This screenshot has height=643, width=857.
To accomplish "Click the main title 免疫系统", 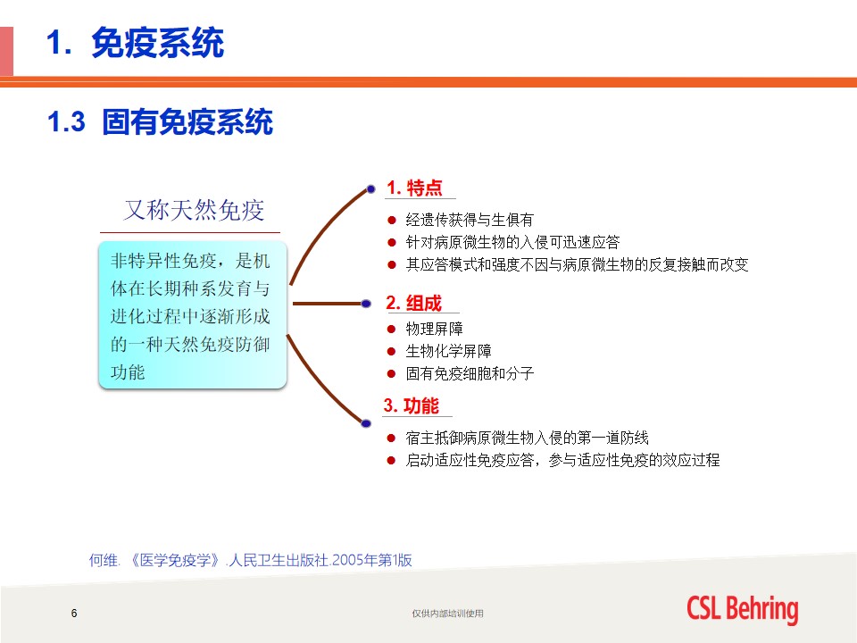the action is pos(157,43).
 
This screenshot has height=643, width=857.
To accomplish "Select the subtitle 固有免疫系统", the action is pos(187,121).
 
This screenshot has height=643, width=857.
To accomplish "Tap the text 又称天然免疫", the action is pos(194,210).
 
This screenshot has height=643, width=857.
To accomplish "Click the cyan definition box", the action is pos(193,315).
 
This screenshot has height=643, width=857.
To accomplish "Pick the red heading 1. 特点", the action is pos(414,188).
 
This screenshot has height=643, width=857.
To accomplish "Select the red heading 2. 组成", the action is pos(413,303).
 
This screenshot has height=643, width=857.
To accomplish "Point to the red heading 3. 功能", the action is pos(411,405).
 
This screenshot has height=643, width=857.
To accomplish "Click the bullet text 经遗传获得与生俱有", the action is pos(470,220).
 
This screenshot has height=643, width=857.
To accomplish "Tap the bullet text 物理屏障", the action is pos(435,329).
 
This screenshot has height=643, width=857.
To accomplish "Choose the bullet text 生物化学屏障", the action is pos(449,351).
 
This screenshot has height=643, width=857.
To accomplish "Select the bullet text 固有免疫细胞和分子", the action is pos(470,373).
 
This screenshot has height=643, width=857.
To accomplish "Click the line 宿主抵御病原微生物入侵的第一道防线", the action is pos(527,438).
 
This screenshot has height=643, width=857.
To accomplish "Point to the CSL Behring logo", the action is pos(742,609).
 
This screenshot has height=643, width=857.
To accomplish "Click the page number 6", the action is pos(74,613).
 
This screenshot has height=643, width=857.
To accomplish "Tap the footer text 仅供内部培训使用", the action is pos(447,614).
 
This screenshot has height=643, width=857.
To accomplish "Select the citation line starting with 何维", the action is pos(250,560).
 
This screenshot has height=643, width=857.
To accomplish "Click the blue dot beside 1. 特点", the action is pos(370,189).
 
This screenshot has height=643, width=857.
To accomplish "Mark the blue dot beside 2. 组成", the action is pos(366,304).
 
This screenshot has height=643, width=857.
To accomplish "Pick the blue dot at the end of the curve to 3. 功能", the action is pos(366,423).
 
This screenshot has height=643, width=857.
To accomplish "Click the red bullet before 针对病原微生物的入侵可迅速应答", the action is pos(391,242).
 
